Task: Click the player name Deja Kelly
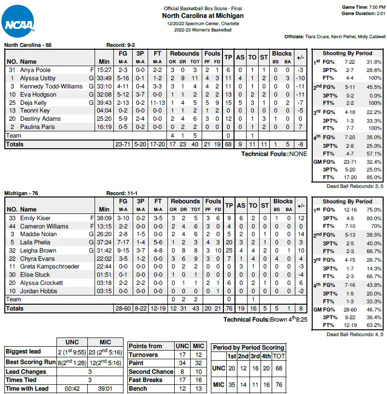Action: (x=33, y=103)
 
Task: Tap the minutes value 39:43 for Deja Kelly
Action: (x=104, y=103)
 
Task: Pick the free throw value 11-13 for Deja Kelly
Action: (x=157, y=103)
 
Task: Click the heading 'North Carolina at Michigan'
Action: (x=203, y=16)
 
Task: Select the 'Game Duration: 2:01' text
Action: (x=363, y=14)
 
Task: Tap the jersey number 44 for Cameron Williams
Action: (x=13, y=226)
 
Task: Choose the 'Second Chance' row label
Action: (x=151, y=372)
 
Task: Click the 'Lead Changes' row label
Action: (x=26, y=372)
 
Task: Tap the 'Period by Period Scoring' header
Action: (x=249, y=348)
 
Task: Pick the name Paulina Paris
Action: (x=37, y=127)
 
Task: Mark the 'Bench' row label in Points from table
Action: (x=138, y=389)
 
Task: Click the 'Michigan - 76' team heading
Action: (x=21, y=193)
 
